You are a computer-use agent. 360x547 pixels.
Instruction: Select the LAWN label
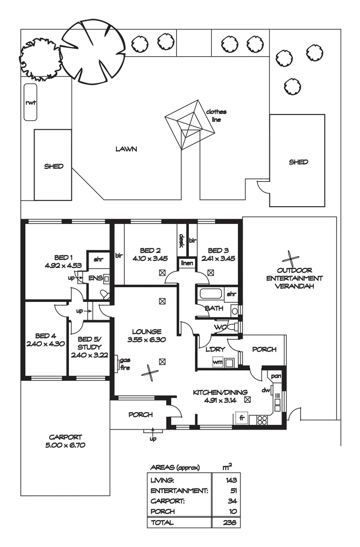(127, 149)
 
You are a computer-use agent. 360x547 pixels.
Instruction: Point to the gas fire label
(125, 365)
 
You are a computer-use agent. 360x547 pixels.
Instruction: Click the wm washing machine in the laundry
(218, 363)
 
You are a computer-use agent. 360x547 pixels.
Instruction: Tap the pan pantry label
(276, 376)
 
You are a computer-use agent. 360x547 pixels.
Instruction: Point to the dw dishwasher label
(264, 390)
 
